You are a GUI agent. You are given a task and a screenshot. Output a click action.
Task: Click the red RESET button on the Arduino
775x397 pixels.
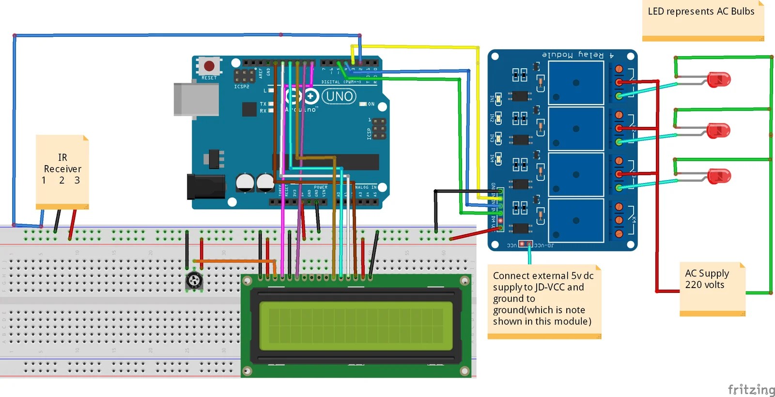[209, 66]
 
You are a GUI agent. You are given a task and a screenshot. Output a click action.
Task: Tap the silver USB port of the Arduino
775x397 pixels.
[196, 100]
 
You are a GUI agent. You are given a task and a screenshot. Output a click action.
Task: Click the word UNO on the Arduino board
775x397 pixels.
[339, 96]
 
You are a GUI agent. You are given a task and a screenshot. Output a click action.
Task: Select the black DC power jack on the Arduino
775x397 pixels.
[205, 186]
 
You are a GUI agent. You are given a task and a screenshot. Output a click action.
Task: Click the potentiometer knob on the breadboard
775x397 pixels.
[194, 280]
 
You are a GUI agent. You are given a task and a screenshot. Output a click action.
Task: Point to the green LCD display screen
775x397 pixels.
[356, 325]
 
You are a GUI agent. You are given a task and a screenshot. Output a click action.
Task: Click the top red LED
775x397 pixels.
[718, 79]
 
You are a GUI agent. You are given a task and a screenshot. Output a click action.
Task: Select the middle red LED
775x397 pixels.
[718, 130]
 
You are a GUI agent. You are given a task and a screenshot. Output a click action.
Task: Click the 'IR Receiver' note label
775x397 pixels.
[62, 163]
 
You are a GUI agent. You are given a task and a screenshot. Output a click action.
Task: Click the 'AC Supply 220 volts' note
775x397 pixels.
[707, 279]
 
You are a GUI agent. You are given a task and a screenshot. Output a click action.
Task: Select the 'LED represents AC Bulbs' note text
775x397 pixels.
[701, 12]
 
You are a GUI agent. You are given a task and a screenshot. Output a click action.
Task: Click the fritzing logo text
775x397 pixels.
[751, 389]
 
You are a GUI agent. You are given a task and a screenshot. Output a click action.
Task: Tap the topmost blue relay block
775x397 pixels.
[575, 83]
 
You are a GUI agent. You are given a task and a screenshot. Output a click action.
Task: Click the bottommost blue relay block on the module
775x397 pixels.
[575, 220]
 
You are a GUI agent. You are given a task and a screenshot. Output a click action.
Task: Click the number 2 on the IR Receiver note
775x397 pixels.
[62, 181]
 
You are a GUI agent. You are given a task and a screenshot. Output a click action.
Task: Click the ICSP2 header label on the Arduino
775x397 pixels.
[242, 87]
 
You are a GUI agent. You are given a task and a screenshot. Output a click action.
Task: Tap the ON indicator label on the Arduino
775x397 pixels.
[371, 104]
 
